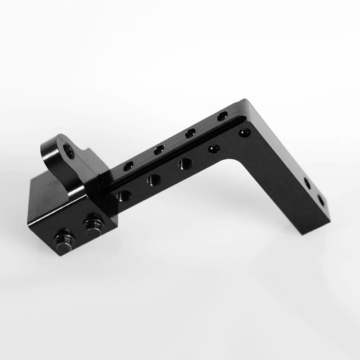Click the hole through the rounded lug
[x=68, y=151]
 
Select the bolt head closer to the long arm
[x=94, y=227]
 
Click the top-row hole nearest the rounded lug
[x=129, y=166]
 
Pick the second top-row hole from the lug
[x=159, y=150]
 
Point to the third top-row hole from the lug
[x=190, y=133]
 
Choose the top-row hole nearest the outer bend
[x=223, y=116]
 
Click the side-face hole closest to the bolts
[x=124, y=195]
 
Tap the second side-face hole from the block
[x=154, y=180]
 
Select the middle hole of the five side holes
[x=185, y=164]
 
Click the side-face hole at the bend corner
[x=244, y=133]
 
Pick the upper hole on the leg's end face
[x=307, y=183]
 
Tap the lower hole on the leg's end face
[x=321, y=200]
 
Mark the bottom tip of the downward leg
[x=310, y=232]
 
